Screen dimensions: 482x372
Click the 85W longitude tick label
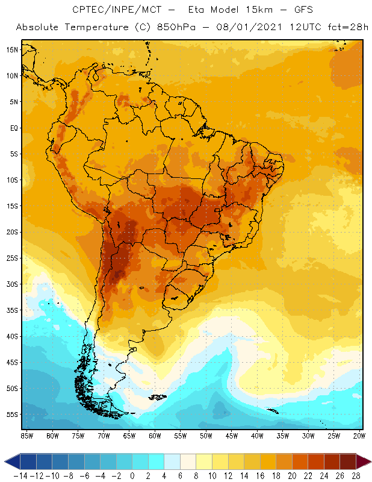(26, 436)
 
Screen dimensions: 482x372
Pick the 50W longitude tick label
(206, 436)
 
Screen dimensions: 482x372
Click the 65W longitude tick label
(129, 436)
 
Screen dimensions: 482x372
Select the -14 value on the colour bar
(20, 475)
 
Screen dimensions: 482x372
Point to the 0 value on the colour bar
(132, 475)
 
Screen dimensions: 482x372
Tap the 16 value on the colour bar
(260, 475)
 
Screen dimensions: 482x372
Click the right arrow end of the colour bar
(365, 462)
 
